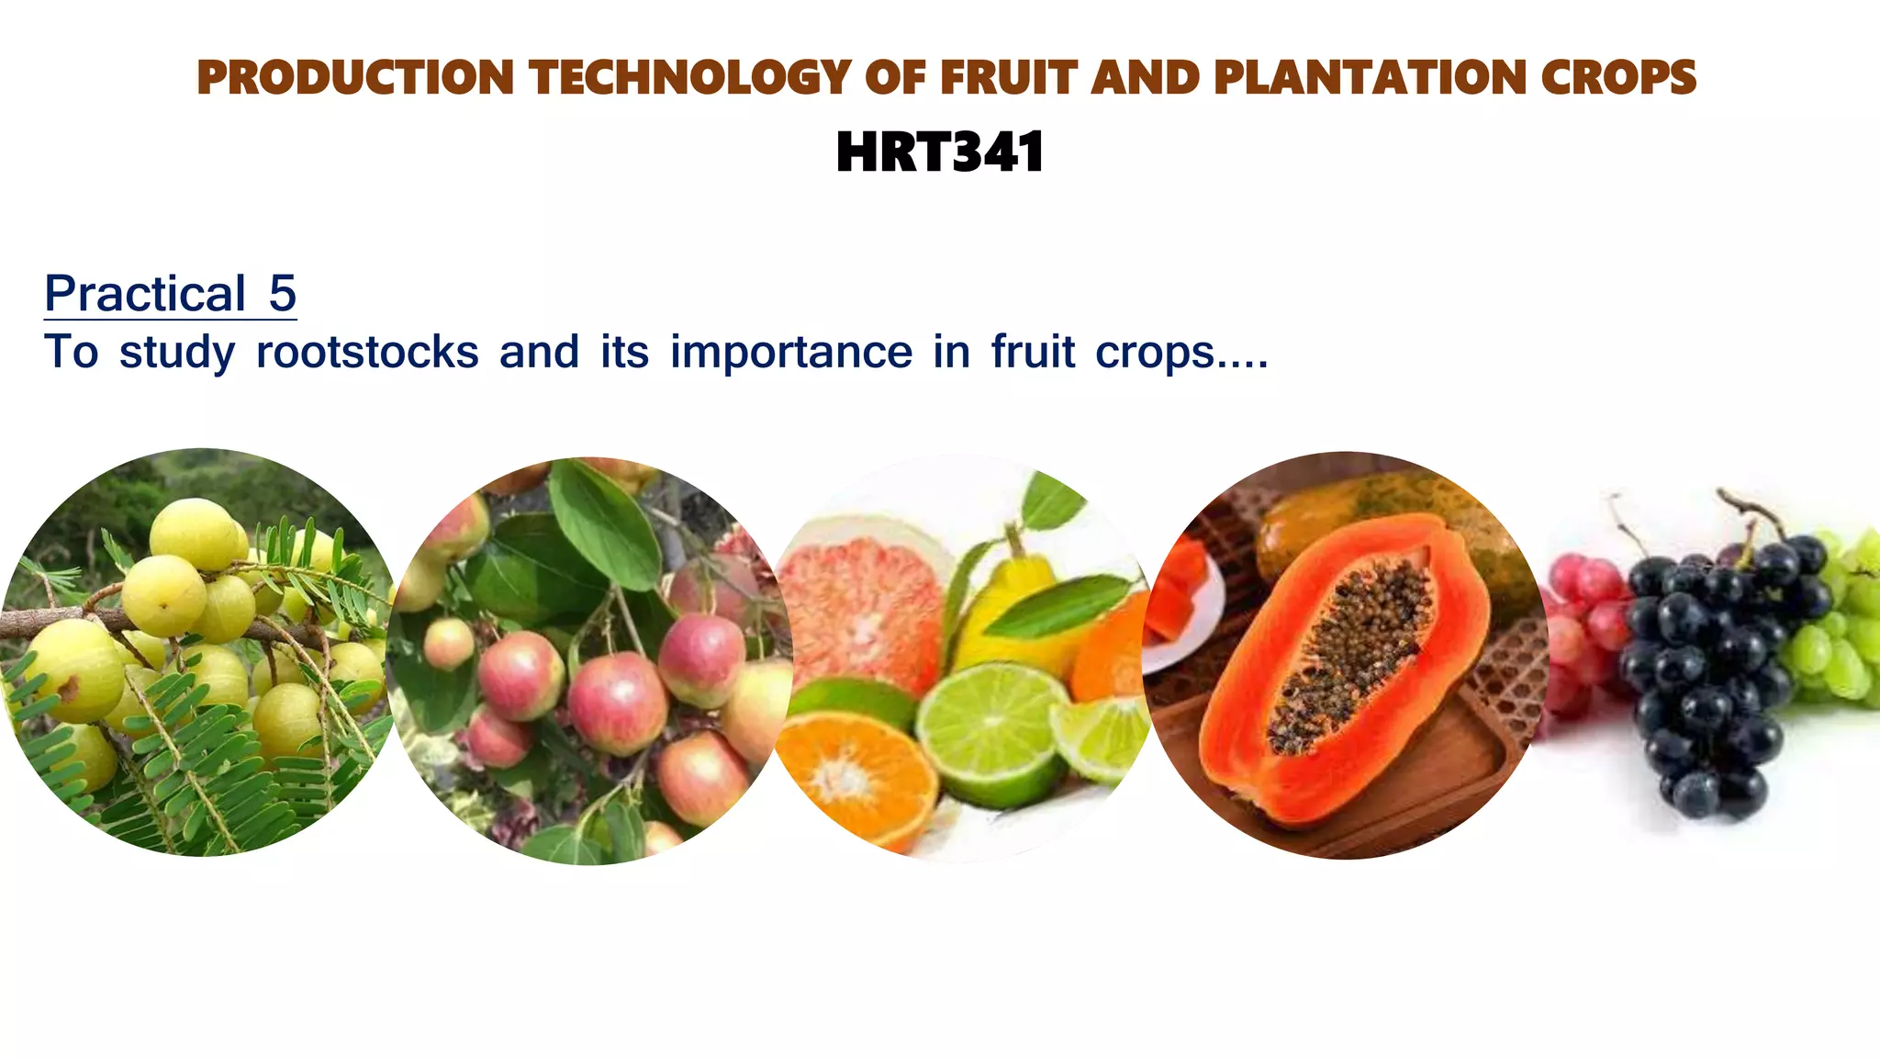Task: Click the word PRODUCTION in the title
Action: [x=355, y=77]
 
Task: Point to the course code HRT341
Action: [x=940, y=152]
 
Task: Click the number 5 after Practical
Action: [x=282, y=294]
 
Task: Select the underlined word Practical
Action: [x=145, y=294]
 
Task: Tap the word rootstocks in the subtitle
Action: [x=367, y=352]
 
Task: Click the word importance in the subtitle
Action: [x=791, y=352]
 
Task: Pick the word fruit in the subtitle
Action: [x=1033, y=352]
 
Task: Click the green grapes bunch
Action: [x=1836, y=634]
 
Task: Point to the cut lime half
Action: [x=991, y=730]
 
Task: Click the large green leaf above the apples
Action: [x=606, y=523]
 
